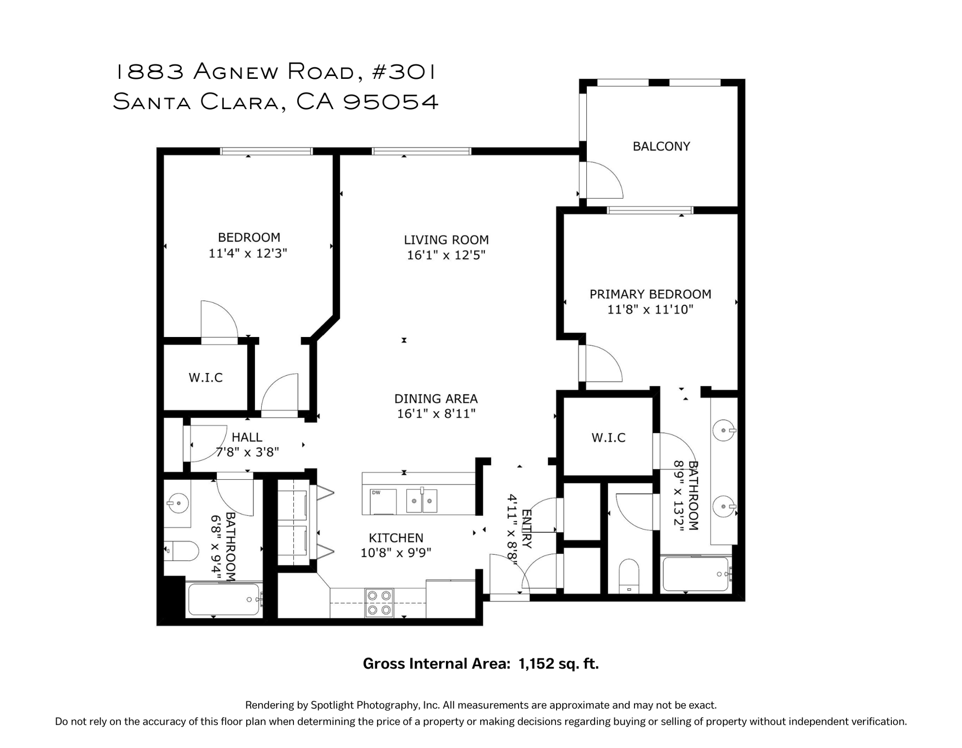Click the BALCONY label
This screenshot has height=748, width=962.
click(661, 146)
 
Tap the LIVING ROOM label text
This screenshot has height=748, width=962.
click(446, 240)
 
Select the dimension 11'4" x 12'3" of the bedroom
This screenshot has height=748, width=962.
click(248, 253)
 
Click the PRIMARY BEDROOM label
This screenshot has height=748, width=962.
click(650, 294)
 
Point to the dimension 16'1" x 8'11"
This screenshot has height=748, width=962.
click(436, 414)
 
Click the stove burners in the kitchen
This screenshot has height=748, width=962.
click(379, 602)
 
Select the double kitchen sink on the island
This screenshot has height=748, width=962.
click(422, 501)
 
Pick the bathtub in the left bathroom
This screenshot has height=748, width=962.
click(224, 599)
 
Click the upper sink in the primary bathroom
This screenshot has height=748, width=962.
click(723, 430)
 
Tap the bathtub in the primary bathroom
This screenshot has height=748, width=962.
click(695, 574)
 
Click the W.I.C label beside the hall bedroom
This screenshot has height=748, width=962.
click(206, 377)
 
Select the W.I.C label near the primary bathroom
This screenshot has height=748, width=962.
click(608, 437)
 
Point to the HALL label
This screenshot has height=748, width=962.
click(247, 437)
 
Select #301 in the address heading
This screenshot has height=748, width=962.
click(404, 72)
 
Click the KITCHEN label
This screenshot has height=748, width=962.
click(396, 538)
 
